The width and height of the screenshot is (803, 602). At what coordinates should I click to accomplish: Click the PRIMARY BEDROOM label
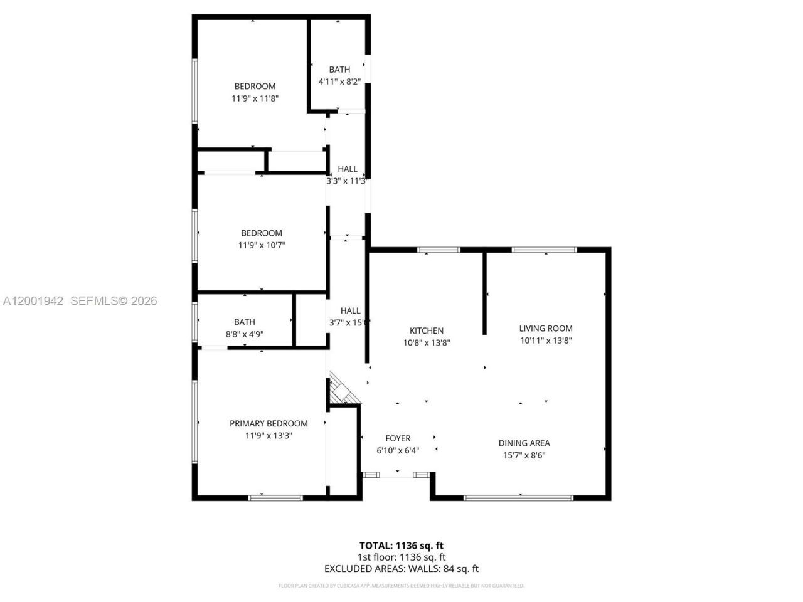pos(269,423)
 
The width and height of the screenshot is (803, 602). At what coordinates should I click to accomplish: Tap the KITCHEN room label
pos(427,330)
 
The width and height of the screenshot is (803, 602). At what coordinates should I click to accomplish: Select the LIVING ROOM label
pos(546,328)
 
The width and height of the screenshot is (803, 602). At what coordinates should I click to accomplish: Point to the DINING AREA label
pos(524,443)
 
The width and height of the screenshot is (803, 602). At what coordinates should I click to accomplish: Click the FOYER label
pos(398,438)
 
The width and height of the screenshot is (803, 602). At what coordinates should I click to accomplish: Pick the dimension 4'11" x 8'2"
pos(339,82)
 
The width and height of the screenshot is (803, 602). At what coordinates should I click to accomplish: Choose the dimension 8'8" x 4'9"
pos(245,334)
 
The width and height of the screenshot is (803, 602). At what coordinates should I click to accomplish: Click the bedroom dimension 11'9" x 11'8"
pos(255,98)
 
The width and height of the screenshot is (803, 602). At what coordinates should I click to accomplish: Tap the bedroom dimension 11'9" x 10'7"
pos(262,245)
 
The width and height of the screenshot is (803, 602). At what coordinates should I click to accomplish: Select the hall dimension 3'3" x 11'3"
pos(346,181)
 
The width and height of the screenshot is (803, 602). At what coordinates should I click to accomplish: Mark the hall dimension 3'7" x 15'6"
pos(350,322)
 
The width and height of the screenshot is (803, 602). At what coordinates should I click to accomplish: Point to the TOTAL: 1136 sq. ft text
pos(401,546)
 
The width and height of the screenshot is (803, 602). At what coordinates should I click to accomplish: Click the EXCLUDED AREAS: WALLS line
pos(401,569)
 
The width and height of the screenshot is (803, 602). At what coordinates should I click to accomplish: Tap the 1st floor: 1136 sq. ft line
pos(401,557)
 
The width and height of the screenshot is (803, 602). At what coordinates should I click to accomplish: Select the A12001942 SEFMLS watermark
pos(80,301)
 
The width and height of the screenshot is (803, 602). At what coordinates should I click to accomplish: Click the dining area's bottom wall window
pos(518,498)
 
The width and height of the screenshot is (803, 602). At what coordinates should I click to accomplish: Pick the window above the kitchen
pos(439,250)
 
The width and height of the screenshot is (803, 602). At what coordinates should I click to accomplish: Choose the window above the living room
pos(545,250)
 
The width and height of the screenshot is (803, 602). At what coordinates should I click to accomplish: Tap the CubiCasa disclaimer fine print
pos(401,586)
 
